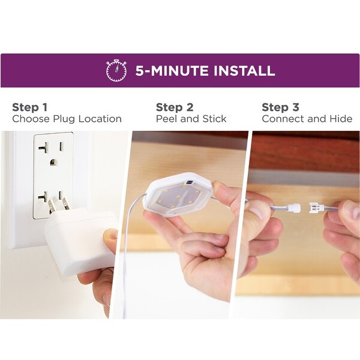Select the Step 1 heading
click(29, 107)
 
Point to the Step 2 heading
click(174, 107)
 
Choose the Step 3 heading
click(280, 107)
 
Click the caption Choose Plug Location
click(67, 119)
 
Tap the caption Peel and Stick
click(191, 119)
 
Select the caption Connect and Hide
click(307, 119)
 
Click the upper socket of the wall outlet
click(52, 148)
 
